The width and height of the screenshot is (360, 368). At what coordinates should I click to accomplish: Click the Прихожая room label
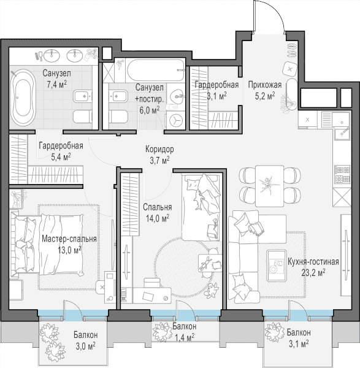point(265,85)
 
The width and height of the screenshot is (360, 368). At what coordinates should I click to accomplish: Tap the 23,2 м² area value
point(313,272)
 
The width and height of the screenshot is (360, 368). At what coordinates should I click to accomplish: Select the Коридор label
point(159,149)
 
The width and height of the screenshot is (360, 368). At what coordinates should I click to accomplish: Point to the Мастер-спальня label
point(69,239)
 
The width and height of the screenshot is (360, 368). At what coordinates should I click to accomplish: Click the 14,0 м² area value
point(158,218)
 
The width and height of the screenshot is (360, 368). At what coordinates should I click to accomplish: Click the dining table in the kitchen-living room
point(269,186)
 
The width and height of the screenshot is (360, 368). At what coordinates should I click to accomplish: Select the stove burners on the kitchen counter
point(342,174)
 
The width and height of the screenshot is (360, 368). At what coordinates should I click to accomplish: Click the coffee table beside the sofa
point(277,266)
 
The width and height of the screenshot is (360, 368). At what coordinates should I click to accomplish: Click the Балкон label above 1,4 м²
point(185,326)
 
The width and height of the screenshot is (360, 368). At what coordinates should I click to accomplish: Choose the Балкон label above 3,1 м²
point(299,332)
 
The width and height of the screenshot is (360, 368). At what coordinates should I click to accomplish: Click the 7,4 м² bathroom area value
point(56,85)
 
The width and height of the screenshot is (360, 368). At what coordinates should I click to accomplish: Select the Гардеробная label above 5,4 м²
point(61,145)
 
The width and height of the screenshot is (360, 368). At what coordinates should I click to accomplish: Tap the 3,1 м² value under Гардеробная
point(216,96)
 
